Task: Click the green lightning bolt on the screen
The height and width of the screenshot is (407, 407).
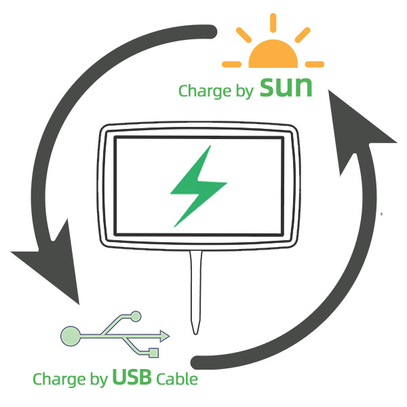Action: [x=198, y=187]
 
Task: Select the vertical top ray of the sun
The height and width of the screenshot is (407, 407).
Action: [x=273, y=24]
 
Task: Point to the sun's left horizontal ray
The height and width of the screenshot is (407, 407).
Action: [x=232, y=64]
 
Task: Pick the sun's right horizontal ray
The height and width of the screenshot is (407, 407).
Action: [x=315, y=64]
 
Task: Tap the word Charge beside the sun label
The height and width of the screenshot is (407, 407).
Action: [x=201, y=91]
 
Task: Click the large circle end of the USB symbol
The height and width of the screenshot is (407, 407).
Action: [x=71, y=334]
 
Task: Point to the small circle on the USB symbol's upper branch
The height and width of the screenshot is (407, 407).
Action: [x=136, y=315]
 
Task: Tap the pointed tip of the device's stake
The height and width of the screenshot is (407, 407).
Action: [x=196, y=331]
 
